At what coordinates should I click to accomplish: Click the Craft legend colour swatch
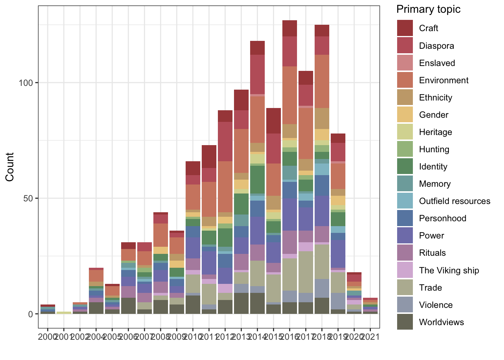coord(405,28)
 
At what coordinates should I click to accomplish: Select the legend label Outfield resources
coord(454,201)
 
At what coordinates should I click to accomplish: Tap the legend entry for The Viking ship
coord(449,270)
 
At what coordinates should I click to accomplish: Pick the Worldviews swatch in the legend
coord(405,322)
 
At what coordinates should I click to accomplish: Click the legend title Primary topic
coord(428,9)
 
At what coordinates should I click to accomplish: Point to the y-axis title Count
coord(10,167)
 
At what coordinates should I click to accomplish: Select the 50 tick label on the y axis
coord(28,198)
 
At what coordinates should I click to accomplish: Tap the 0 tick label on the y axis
coord(31,314)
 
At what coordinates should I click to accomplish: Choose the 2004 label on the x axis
coord(96,337)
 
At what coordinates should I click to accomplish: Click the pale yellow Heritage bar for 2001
coord(64,313)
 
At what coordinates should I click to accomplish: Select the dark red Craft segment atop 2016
coord(289,28)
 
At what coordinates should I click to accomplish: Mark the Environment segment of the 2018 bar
coord(322,81)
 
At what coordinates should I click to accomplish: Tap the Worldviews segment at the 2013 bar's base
coord(241,303)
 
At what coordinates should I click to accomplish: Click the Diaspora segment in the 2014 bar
coord(257,75)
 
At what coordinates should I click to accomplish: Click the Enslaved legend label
coord(437,63)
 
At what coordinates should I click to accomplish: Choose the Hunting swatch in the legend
coord(405,149)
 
